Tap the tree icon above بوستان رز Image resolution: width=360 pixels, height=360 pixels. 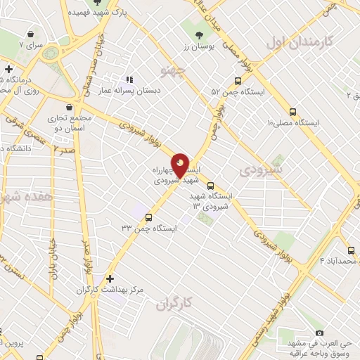click(200, 34)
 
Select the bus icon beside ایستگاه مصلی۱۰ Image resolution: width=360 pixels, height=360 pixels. click(292, 111)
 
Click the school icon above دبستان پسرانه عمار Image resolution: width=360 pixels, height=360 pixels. click(129, 79)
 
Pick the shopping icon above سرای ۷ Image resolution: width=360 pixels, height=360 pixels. click(30, 33)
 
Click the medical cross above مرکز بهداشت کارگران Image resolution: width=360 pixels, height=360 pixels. click(108, 278)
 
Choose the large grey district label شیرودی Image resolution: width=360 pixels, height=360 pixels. click(260, 169)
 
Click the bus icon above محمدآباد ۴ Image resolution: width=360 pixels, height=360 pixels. click(350, 250)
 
